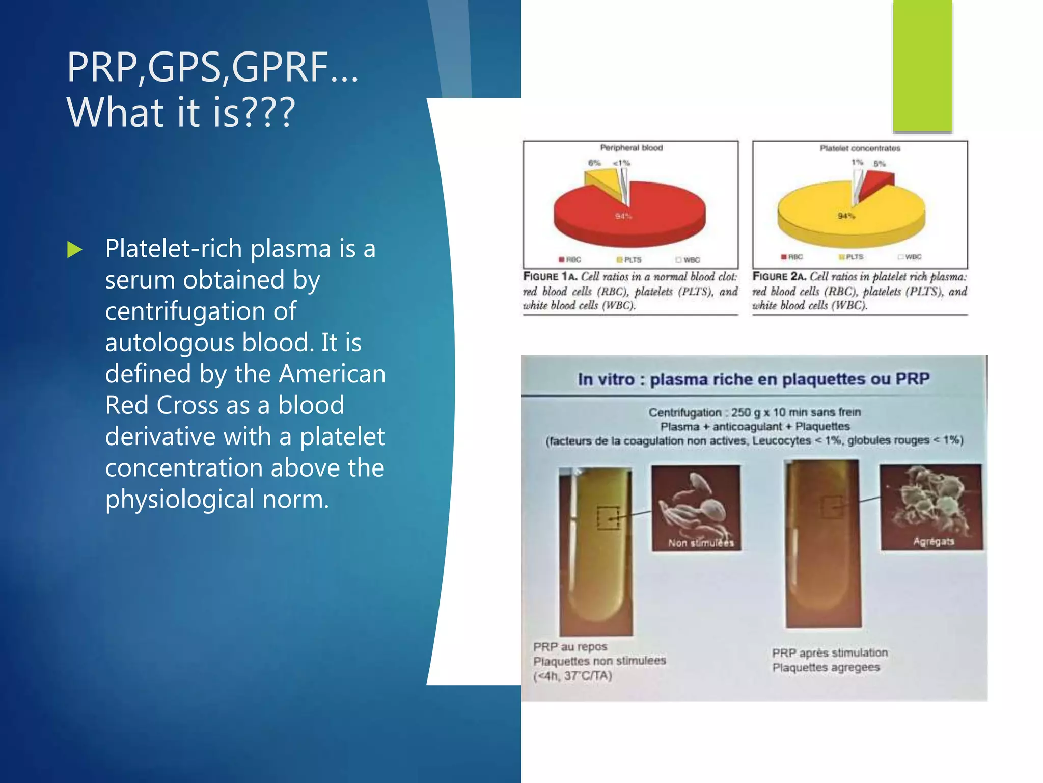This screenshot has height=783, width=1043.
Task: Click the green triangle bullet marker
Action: (x=74, y=250)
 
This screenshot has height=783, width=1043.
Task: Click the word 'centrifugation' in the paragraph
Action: (x=200, y=311)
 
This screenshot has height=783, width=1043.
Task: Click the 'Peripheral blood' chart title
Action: (x=631, y=148)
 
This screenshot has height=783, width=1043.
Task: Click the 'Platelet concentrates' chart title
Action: (x=860, y=148)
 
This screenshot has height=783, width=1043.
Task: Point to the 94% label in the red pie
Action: (x=623, y=216)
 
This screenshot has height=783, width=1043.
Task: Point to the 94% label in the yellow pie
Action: (x=846, y=216)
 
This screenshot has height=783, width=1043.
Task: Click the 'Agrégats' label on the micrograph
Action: (x=933, y=541)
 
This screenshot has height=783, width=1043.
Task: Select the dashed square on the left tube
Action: (x=608, y=517)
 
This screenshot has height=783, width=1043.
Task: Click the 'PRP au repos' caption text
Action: (x=570, y=647)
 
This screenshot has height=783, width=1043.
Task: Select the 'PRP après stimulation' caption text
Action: (x=829, y=653)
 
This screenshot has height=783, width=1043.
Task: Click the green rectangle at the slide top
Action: (x=922, y=66)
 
